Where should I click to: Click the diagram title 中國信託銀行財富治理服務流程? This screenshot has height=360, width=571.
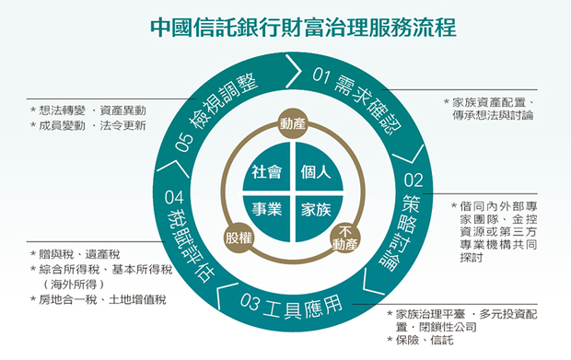pyautogui.click(x=303, y=28)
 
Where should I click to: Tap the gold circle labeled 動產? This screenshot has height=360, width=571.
pyautogui.click(x=293, y=123)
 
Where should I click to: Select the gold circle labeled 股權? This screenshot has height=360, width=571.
pyautogui.click(x=239, y=238)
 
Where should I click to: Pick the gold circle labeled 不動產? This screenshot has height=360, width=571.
pyautogui.click(x=345, y=238)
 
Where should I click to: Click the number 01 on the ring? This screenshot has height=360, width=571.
pyautogui.click(x=321, y=75)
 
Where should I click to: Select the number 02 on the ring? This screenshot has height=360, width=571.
pyautogui.click(x=414, y=180)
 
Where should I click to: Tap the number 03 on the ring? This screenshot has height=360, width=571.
pyautogui.click(x=250, y=302)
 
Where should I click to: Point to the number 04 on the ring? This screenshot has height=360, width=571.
pyautogui.click(x=174, y=197)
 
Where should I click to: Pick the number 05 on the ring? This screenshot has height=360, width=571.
pyautogui.click(x=184, y=142)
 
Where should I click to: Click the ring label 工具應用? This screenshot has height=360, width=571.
pyautogui.click(x=303, y=308)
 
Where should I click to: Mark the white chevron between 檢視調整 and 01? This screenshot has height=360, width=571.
pyautogui.click(x=294, y=71)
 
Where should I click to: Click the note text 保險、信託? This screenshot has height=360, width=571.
pyautogui.click(x=425, y=340)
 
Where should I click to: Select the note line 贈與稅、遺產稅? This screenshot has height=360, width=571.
pyautogui.click(x=79, y=254)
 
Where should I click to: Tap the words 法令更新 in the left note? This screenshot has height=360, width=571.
pyautogui.click(x=122, y=125)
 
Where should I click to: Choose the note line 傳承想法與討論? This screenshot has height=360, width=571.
pyautogui.click(x=493, y=115)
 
